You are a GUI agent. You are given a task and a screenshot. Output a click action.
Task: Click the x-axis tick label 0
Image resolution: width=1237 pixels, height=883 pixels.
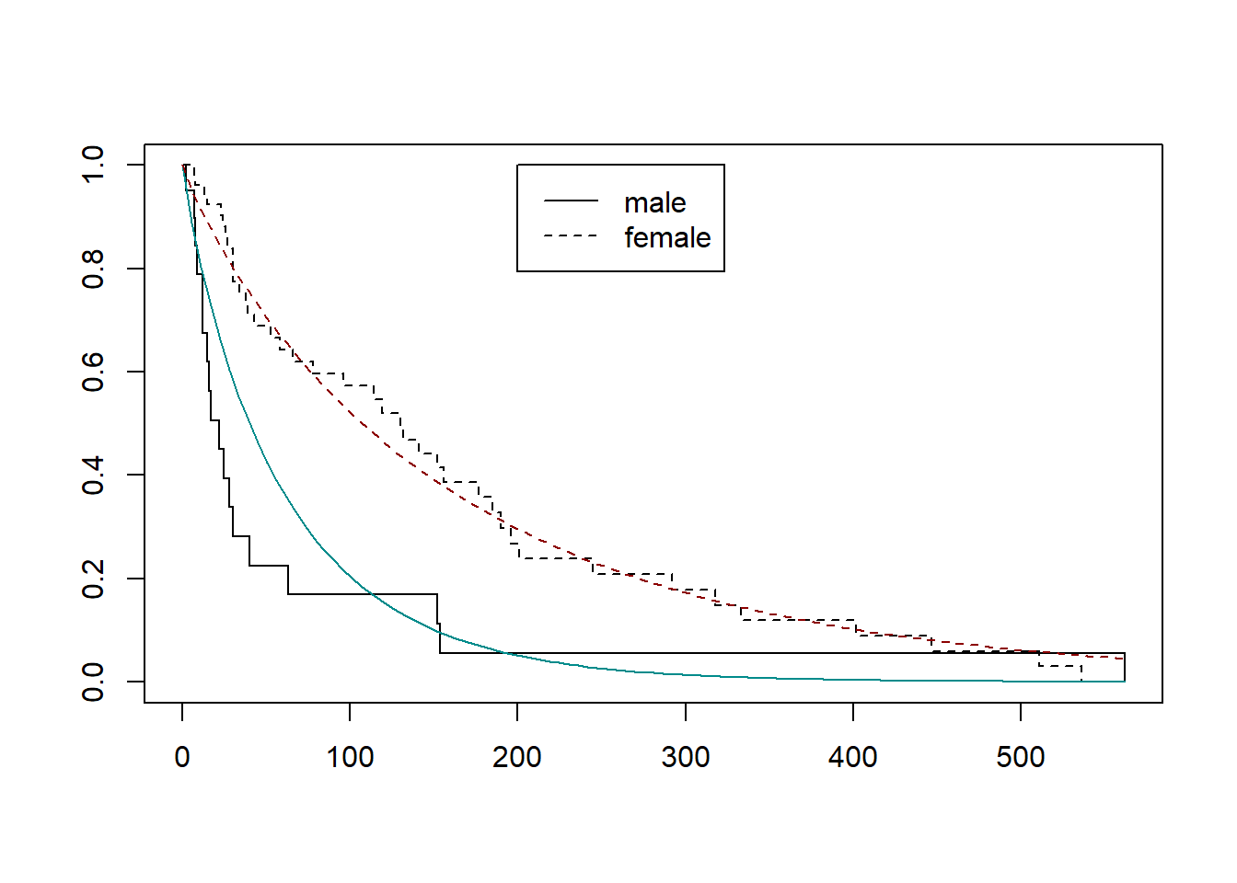click(x=182, y=757)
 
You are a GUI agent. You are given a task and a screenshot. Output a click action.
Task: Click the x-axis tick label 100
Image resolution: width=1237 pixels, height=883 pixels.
click(x=350, y=757)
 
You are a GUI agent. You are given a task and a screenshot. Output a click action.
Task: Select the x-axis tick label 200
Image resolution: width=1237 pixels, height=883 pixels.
click(x=517, y=757)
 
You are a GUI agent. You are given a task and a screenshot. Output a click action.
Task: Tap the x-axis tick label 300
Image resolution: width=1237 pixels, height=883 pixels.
click(x=686, y=757)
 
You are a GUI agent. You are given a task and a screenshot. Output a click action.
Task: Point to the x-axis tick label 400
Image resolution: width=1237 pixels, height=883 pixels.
click(x=853, y=757)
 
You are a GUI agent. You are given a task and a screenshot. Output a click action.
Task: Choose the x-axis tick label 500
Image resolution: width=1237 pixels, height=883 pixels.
click(x=1021, y=757)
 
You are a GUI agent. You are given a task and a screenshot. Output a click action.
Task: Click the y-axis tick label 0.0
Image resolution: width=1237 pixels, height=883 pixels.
click(x=93, y=682)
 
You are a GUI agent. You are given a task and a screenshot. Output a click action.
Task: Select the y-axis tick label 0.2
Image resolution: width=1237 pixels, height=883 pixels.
click(x=93, y=579)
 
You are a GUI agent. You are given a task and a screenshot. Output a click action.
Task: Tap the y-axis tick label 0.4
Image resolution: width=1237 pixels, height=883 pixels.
click(x=93, y=475)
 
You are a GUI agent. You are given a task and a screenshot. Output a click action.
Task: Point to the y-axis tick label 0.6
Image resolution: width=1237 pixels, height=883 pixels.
click(x=93, y=372)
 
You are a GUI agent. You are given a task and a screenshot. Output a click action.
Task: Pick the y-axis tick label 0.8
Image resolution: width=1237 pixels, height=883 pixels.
click(x=93, y=269)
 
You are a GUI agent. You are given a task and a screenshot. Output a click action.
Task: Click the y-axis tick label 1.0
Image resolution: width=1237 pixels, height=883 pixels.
click(x=93, y=165)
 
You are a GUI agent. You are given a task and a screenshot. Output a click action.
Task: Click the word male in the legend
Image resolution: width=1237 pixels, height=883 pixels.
click(x=654, y=202)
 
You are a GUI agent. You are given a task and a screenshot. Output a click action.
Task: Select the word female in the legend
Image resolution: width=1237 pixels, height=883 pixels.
click(x=667, y=237)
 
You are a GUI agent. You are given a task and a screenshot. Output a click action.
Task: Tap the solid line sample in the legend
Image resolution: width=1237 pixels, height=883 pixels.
click(x=571, y=201)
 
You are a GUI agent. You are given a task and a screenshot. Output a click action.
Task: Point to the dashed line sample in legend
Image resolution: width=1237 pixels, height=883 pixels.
click(x=571, y=236)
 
